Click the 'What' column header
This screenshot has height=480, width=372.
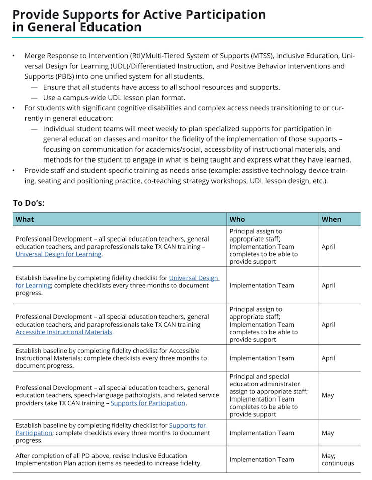click(25, 219)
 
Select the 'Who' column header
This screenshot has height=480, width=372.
click(237, 219)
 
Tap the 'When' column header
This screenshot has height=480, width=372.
click(331, 219)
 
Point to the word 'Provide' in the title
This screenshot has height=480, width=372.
click(37, 15)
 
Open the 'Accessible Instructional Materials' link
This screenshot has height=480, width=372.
click(64, 332)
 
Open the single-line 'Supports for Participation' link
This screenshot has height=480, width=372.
click(148, 403)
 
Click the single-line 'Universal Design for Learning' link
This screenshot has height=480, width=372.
click(58, 255)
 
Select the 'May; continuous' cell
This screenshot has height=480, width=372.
click(337, 459)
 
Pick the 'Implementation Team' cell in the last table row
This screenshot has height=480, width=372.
click(261, 459)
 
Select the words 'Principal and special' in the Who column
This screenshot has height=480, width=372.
click(258, 377)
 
